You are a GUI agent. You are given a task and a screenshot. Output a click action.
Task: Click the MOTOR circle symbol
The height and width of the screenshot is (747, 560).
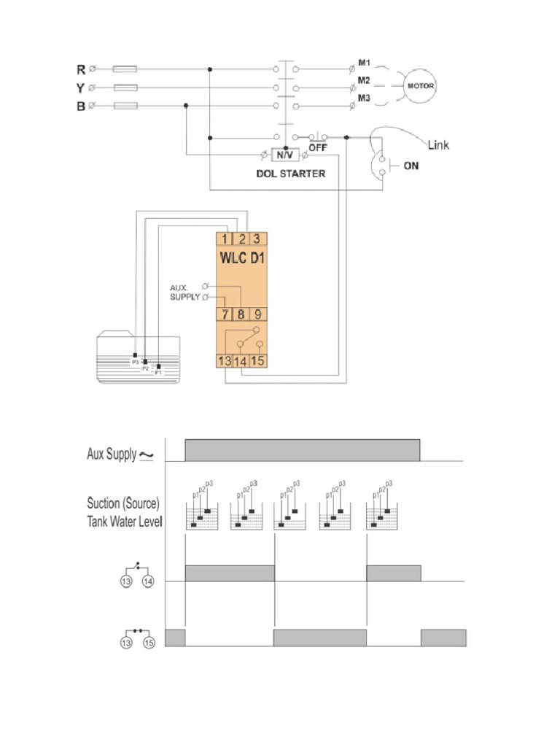[x=420, y=86]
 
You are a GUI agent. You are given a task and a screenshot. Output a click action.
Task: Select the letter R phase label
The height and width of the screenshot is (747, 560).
[x=80, y=70]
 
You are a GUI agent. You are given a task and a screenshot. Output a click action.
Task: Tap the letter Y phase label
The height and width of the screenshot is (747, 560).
[x=80, y=88]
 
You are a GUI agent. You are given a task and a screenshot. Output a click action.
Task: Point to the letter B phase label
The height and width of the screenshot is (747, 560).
[x=80, y=106]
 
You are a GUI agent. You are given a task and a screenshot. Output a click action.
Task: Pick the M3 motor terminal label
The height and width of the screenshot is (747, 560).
[x=364, y=98]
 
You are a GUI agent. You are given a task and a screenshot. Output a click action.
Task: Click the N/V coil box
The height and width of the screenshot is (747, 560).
[x=281, y=155]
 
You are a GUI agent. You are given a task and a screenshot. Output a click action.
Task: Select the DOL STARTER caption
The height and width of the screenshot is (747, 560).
[x=290, y=174]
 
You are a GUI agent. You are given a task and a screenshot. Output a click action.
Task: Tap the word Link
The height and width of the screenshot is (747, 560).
[x=438, y=145]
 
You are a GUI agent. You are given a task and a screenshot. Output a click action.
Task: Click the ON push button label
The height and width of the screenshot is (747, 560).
[x=411, y=166]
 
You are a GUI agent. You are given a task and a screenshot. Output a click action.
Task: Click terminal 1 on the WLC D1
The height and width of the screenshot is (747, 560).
[x=225, y=239]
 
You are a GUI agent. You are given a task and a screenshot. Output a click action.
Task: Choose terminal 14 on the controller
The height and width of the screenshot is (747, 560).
[x=242, y=360]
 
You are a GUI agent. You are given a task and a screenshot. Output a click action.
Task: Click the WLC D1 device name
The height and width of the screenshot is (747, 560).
[x=242, y=258]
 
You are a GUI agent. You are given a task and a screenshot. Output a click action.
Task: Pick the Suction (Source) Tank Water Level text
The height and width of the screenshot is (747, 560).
[x=123, y=512]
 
